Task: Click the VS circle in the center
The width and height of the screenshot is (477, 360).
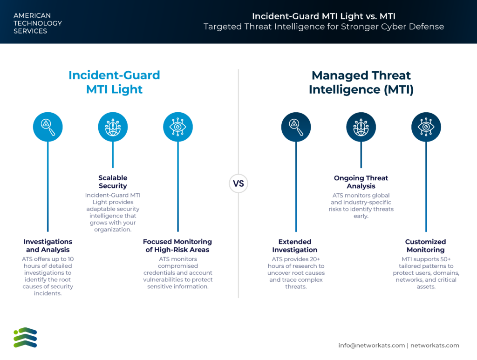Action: click(x=238, y=183)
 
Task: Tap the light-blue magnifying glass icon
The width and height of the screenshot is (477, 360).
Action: click(x=48, y=127)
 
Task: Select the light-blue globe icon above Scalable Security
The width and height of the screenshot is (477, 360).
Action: click(x=113, y=127)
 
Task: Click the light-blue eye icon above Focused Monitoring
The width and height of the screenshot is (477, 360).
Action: click(x=178, y=127)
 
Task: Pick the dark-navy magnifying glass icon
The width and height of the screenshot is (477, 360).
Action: click(x=296, y=127)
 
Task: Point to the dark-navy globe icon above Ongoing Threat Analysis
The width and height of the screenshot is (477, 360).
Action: click(x=361, y=127)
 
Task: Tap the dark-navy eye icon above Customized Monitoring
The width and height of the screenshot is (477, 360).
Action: click(x=426, y=127)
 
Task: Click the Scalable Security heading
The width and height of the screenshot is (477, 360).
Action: click(x=113, y=182)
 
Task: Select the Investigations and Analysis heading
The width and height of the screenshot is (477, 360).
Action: click(x=48, y=246)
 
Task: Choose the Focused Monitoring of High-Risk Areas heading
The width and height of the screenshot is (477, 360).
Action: click(x=177, y=246)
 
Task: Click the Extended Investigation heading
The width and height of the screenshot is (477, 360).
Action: click(x=295, y=246)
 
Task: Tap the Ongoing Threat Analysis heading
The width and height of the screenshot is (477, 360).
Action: click(x=361, y=182)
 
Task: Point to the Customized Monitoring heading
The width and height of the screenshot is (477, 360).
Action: click(x=426, y=246)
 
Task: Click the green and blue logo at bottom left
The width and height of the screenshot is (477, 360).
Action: click(x=25, y=338)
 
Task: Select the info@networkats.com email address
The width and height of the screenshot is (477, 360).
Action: click(x=371, y=346)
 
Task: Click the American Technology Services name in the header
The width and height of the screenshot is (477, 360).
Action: click(x=38, y=23)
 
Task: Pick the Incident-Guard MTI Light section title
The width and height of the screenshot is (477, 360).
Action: click(x=114, y=82)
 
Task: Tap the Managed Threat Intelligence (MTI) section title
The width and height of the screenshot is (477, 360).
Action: click(x=361, y=82)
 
